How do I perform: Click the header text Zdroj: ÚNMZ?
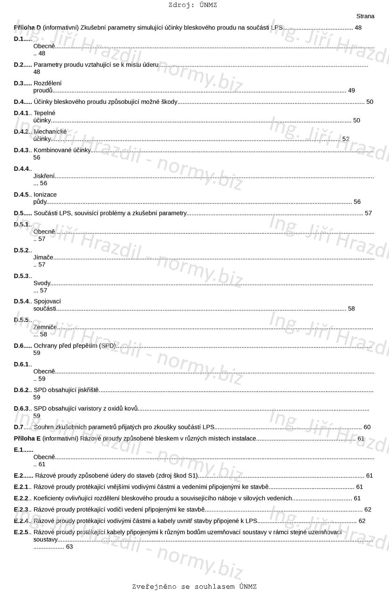point(192,5)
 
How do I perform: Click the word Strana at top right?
point(365,16)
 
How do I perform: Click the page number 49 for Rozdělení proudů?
point(351,90)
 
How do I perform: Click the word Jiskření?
point(44,176)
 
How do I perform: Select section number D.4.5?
point(21,195)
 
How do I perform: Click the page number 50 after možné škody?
point(369,102)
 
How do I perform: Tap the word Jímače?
point(43,257)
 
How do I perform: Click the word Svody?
point(41,283)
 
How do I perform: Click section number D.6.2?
point(21,390)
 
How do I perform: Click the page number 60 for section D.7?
point(367,427)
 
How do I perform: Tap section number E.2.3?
point(21,509)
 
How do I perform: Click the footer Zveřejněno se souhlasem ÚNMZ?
point(194,586)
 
